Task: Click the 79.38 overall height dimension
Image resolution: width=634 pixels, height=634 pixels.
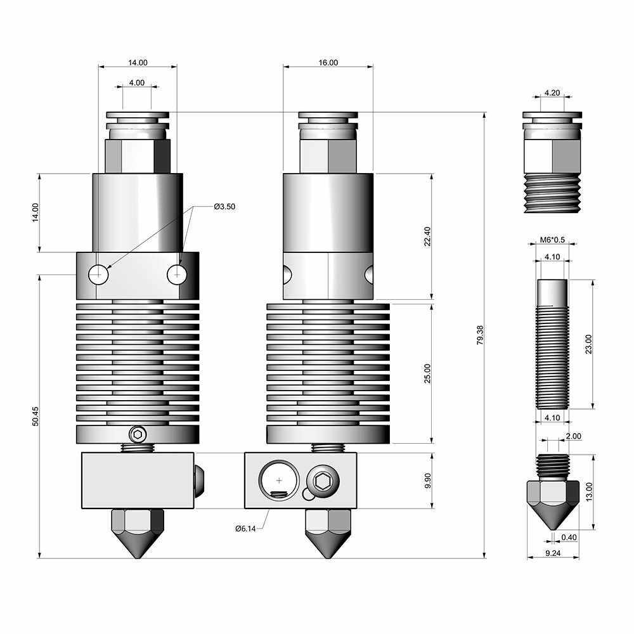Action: point(480,335)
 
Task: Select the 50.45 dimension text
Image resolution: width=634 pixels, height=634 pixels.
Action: point(36,416)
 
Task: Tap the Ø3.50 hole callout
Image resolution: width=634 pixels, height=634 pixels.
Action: point(224,206)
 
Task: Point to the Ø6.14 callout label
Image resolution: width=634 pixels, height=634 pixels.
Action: point(244,528)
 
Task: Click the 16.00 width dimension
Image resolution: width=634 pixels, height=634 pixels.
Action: point(328,63)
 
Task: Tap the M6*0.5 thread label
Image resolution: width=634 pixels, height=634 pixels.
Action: point(552,240)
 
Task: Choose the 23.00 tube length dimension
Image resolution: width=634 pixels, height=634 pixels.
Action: point(589,344)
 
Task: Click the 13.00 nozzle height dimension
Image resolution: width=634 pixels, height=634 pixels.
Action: point(589,491)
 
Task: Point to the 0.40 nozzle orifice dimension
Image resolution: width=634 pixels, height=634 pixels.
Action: point(569,538)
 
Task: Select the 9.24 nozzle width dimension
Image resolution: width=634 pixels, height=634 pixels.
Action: point(553,553)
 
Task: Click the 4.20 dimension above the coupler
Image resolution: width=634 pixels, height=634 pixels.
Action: point(552,93)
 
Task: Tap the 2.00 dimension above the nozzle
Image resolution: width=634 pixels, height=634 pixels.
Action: point(573,436)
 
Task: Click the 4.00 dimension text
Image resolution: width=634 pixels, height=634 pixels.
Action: point(136,82)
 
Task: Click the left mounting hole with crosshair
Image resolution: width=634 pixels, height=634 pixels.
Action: point(98,275)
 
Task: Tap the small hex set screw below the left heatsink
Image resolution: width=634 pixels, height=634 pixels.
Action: point(136,434)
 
